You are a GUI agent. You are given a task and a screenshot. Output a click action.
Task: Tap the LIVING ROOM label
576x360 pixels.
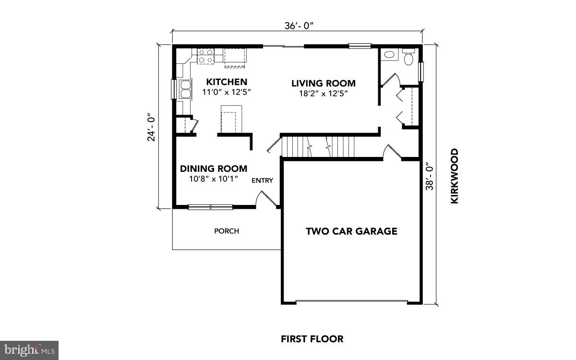[324, 84]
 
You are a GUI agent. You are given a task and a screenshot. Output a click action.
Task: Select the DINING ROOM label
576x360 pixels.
[214, 168]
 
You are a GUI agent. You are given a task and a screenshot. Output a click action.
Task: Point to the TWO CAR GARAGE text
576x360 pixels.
[351, 231]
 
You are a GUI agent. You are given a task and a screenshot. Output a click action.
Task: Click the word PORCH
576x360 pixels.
[227, 231]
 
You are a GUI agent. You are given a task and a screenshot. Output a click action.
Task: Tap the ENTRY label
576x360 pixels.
[263, 180]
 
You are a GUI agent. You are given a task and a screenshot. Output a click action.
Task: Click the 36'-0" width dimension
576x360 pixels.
[298, 26]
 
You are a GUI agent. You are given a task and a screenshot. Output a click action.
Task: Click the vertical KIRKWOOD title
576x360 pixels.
[454, 176]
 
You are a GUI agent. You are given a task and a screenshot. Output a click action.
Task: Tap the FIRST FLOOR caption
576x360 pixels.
[312, 339]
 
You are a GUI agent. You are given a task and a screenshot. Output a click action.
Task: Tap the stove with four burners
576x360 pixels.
[206, 56]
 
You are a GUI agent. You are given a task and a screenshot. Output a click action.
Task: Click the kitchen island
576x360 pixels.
[229, 120]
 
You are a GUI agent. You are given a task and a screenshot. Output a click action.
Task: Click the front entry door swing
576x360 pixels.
[264, 198]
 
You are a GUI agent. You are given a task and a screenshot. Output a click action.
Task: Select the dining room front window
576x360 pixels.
[210, 207]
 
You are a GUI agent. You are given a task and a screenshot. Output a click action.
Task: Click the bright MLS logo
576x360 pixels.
[29, 349]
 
